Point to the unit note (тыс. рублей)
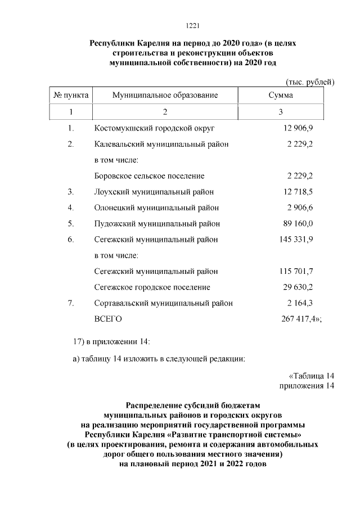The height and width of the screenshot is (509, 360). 310,82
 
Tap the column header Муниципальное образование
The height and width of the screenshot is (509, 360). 165,96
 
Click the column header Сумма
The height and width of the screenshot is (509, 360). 280,96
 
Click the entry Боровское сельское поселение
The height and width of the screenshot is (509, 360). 149,176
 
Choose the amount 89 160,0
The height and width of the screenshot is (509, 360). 296,223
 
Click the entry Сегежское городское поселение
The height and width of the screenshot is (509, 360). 152,287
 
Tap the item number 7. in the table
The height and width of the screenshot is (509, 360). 71,303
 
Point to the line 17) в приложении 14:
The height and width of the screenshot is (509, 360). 112,341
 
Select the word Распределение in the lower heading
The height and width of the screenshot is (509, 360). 155,404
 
